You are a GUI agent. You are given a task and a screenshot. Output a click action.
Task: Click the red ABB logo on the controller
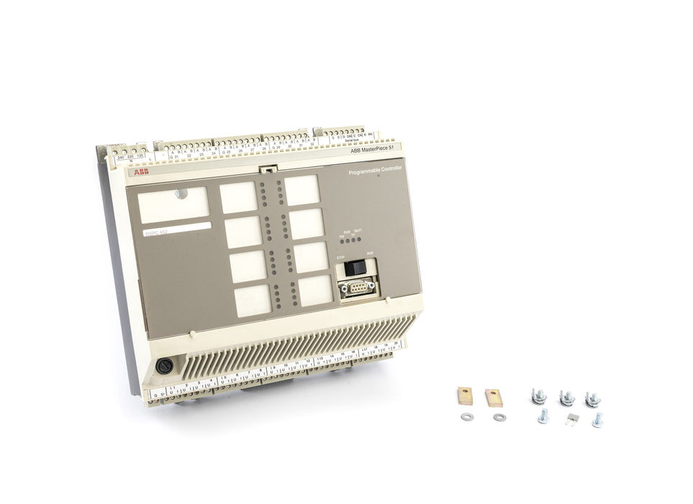141,172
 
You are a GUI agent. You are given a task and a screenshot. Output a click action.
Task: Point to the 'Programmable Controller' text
375,170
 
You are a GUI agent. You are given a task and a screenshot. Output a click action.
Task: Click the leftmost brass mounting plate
466,396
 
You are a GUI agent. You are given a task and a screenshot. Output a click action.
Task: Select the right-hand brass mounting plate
494,397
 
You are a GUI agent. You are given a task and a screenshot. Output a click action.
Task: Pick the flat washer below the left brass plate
466,417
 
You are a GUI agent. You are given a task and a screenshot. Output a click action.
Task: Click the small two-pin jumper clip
571,418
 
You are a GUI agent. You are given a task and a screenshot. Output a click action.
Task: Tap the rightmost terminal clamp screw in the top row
593,398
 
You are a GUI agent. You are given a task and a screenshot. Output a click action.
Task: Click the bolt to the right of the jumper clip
597,420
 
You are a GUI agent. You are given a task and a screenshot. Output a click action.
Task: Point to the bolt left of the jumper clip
543,416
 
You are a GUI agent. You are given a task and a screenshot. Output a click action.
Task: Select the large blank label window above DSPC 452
173,204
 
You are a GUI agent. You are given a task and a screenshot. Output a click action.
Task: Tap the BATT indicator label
358,230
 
